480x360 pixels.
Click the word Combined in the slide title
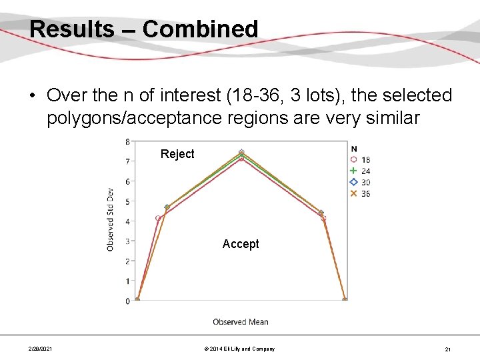coord(200,29)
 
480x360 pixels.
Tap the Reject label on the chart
coord(177,154)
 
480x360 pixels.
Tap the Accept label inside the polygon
coord(241,244)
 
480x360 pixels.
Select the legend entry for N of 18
coord(360,160)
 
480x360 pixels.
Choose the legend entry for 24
coord(360,171)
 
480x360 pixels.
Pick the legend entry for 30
coord(360,183)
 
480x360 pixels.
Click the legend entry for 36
coord(360,194)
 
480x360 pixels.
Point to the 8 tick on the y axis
coord(127,141)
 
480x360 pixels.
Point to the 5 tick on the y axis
coord(127,201)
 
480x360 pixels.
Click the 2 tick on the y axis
coord(127,261)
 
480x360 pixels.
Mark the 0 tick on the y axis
coord(127,301)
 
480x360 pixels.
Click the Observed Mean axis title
coord(241,322)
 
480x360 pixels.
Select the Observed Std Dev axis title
coord(110,219)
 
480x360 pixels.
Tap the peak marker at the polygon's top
coord(241,153)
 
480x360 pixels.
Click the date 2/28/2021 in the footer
coord(41,349)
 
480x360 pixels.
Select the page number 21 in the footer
coord(447,349)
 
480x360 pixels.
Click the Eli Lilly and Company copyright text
coord(240,349)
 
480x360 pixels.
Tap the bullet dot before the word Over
coord(32,96)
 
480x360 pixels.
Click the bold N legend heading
coord(353,149)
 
